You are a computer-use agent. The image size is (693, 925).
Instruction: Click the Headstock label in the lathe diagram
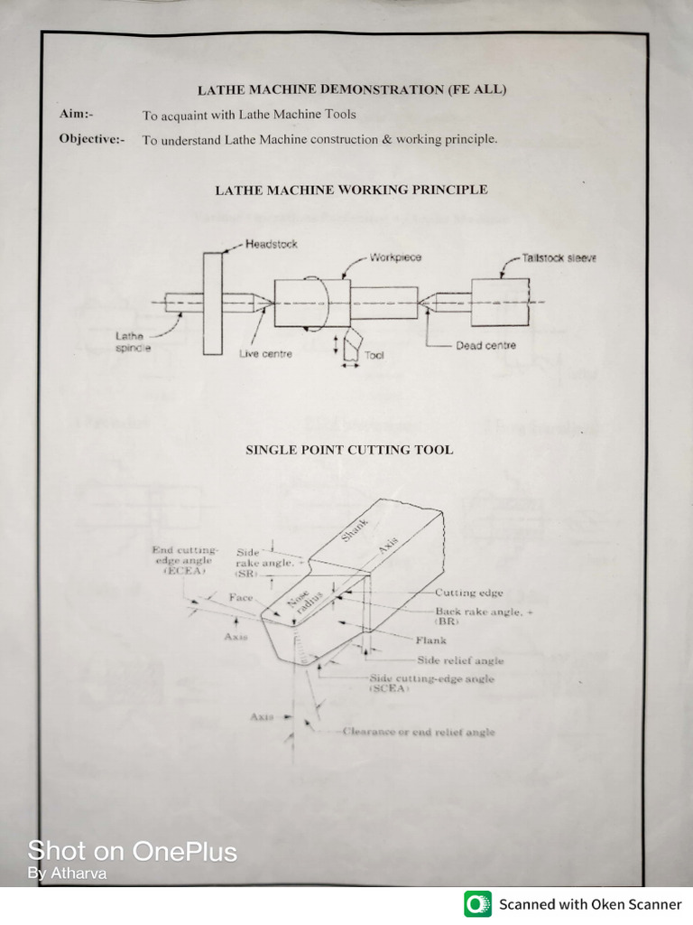(x=271, y=245)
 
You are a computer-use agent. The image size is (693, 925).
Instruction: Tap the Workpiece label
(x=394, y=257)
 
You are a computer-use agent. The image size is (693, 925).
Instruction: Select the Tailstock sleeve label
(x=559, y=257)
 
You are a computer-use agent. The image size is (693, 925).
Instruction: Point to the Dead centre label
(x=485, y=346)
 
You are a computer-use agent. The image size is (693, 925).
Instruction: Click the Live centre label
(x=265, y=354)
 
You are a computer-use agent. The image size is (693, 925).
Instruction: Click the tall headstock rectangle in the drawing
(x=213, y=304)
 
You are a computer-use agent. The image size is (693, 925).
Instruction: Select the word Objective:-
(x=92, y=139)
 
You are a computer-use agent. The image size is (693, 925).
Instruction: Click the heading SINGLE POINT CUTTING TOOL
(x=349, y=450)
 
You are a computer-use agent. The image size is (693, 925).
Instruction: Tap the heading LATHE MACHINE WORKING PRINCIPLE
(x=351, y=190)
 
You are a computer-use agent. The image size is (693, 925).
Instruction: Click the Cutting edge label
(x=468, y=593)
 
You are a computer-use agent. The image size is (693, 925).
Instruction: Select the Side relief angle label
(x=459, y=660)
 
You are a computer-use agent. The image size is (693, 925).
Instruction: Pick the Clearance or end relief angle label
(x=418, y=733)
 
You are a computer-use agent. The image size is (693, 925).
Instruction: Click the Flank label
(x=430, y=640)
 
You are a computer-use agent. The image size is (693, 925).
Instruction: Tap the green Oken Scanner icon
(x=478, y=903)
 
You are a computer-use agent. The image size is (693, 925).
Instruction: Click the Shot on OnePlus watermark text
(x=133, y=851)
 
